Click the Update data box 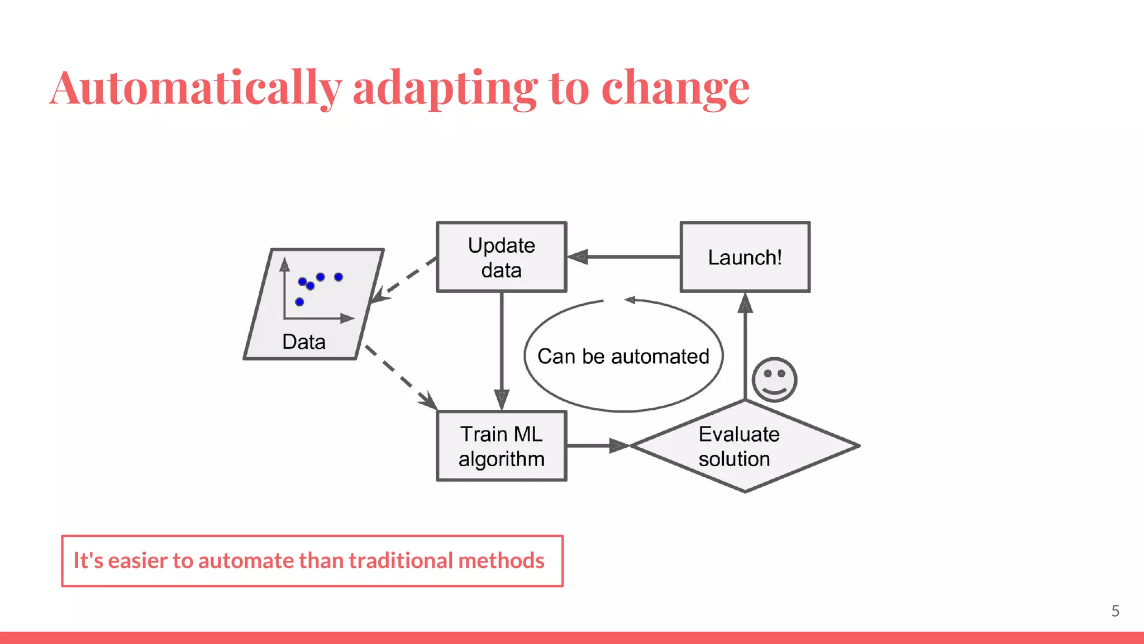tap(501, 257)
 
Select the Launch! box tap(745, 257)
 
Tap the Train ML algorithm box tap(501, 446)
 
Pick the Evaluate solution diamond tap(744, 446)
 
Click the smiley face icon tap(774, 380)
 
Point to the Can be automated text tap(623, 356)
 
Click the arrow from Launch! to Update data tap(626, 257)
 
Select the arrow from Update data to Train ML tap(502, 347)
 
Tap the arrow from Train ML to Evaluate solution tap(595, 446)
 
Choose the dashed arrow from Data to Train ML tap(399, 377)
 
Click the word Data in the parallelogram tap(303, 342)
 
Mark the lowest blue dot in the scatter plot tap(299, 302)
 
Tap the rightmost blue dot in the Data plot tap(339, 277)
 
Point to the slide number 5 tap(1115, 611)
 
